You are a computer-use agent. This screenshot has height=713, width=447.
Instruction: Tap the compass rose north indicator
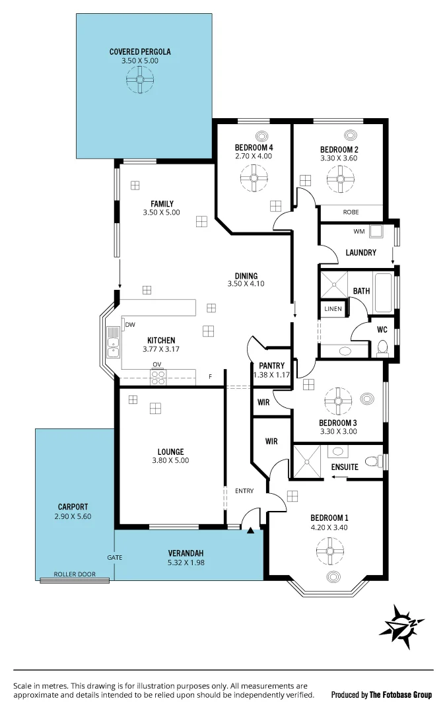point(401,623)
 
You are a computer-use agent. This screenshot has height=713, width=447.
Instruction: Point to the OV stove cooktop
point(158,377)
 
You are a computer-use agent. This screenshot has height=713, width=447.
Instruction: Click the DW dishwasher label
point(130,324)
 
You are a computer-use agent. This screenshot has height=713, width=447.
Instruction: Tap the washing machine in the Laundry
point(376,232)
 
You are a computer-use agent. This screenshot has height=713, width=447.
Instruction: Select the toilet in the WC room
point(382,348)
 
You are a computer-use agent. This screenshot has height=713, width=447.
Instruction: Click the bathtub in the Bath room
point(383,290)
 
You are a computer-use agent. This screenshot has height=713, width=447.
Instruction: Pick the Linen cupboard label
point(333,309)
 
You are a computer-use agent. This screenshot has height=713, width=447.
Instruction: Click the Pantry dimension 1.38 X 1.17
point(271,375)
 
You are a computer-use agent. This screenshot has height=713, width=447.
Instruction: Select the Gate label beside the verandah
point(115,557)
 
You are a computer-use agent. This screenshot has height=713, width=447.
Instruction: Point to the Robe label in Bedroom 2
point(351,213)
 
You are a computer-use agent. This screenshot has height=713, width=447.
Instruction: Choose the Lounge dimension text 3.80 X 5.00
point(170,461)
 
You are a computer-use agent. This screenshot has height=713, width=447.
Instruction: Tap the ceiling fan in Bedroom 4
point(253,178)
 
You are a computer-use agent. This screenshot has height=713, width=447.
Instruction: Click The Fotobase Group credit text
point(401,695)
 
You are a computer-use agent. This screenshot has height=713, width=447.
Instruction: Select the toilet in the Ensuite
point(374,460)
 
